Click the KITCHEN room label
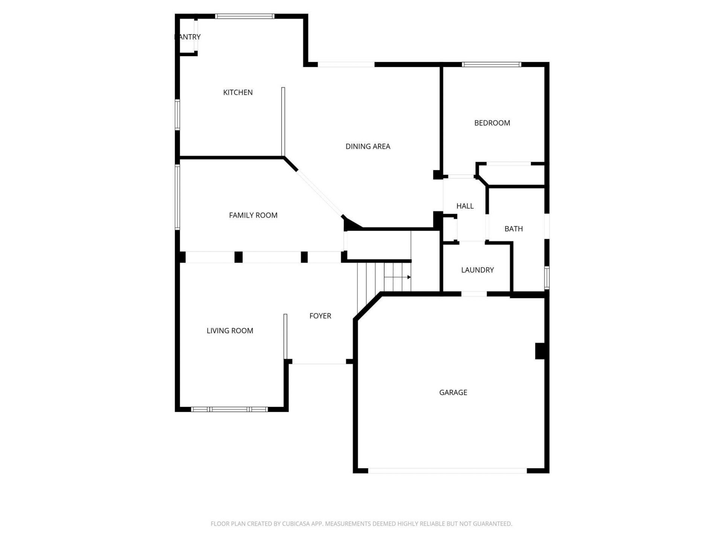point(238,92)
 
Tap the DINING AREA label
point(368,146)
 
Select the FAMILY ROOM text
point(253,215)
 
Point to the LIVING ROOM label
point(230,331)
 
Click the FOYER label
point(320,316)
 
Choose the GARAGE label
point(453,393)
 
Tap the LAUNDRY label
point(477,270)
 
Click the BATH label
point(513,229)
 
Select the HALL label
point(465,206)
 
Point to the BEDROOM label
point(492,123)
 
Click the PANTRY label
point(188,37)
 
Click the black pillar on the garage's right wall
point(540,351)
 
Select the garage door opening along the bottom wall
point(447,471)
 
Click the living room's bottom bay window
point(229,409)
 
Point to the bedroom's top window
point(491,64)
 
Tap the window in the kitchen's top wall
point(245,16)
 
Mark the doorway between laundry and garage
point(474,294)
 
